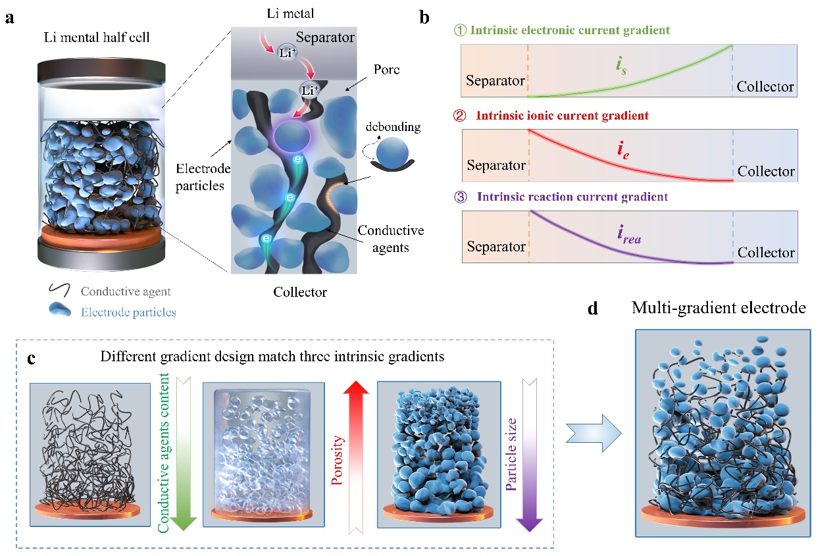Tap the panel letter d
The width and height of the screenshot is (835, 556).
[x=593, y=309]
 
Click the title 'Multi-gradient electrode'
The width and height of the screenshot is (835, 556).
[x=719, y=307]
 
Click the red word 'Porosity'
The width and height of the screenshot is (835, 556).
[x=338, y=454]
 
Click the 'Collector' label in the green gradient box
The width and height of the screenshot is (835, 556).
[x=765, y=87]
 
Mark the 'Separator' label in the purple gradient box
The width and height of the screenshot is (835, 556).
[x=496, y=247]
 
